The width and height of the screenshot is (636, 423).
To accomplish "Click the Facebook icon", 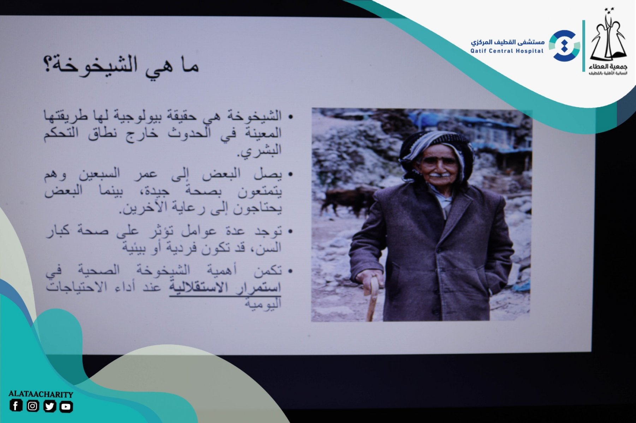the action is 16,406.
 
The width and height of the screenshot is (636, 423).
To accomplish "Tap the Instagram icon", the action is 32,406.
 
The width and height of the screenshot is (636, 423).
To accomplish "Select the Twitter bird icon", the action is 49,406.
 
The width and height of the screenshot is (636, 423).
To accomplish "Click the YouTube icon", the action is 66,406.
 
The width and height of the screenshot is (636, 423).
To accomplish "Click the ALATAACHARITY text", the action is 41,394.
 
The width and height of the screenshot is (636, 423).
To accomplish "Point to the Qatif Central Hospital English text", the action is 507,51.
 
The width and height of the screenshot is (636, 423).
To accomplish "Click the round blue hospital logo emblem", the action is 564,45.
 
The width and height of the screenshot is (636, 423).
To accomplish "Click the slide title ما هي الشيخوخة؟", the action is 121,65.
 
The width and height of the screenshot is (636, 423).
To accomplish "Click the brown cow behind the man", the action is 348,200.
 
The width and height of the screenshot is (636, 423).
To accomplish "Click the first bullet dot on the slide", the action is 290,116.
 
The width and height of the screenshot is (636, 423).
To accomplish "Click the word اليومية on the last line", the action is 263,303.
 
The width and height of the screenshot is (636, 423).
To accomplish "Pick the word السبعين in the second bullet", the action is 100,173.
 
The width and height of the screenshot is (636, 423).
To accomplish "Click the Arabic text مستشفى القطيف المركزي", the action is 507,42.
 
